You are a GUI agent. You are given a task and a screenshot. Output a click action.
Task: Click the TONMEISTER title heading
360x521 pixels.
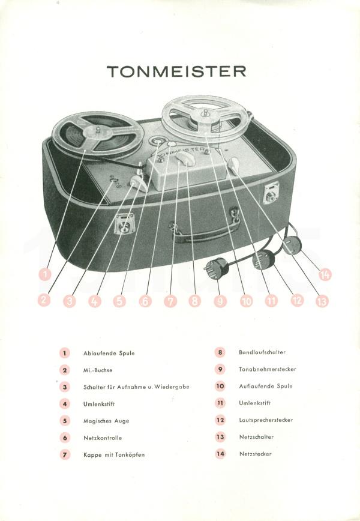click(x=176, y=71)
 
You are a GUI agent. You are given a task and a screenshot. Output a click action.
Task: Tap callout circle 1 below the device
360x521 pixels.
click(x=44, y=274)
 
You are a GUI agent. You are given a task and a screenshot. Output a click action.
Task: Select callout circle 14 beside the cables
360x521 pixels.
click(x=325, y=274)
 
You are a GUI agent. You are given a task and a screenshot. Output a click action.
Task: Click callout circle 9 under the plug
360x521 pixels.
click(x=220, y=301)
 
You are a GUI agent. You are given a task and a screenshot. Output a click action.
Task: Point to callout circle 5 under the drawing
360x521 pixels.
click(x=119, y=301)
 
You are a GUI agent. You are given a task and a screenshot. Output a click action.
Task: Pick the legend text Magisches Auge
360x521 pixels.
click(x=106, y=421)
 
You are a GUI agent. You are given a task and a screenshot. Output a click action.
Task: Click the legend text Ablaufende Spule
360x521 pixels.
click(x=109, y=353)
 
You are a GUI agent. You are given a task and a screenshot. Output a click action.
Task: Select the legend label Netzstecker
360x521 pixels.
click(x=255, y=454)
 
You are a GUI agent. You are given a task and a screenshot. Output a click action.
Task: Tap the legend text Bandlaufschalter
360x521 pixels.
click(x=262, y=352)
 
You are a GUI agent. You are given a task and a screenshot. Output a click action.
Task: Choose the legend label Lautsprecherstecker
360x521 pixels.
click(x=266, y=420)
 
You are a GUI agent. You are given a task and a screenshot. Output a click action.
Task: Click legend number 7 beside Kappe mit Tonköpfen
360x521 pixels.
click(x=65, y=454)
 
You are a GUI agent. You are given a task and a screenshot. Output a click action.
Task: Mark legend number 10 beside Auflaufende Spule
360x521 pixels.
click(x=220, y=387)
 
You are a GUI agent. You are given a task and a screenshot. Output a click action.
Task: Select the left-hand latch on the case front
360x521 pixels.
click(x=125, y=225)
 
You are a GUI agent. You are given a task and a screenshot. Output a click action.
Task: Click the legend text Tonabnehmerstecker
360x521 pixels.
click(x=268, y=369)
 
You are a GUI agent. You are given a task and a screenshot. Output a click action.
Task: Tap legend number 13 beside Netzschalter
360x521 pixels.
click(x=220, y=437)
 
